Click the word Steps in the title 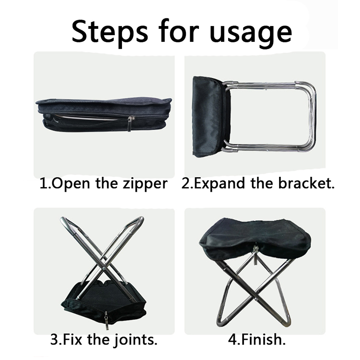pyautogui.click(x=110, y=31)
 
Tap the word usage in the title pyautogui.click(x=251, y=34)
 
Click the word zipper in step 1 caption pyautogui.click(x=145, y=184)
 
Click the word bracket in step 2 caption pyautogui.click(x=306, y=183)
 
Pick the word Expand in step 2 pyautogui.click(x=219, y=184)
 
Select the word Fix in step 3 pyautogui.click(x=72, y=339)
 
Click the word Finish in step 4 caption pyautogui.click(x=262, y=339)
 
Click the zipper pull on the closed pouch pyautogui.click(x=130, y=123)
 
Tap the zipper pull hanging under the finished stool pyautogui.click(x=255, y=255)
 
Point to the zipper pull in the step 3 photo pyautogui.click(x=106, y=320)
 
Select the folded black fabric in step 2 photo pyautogui.click(x=211, y=117)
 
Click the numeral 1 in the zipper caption pyautogui.click(x=44, y=184)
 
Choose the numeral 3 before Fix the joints pyautogui.click(x=55, y=340)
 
